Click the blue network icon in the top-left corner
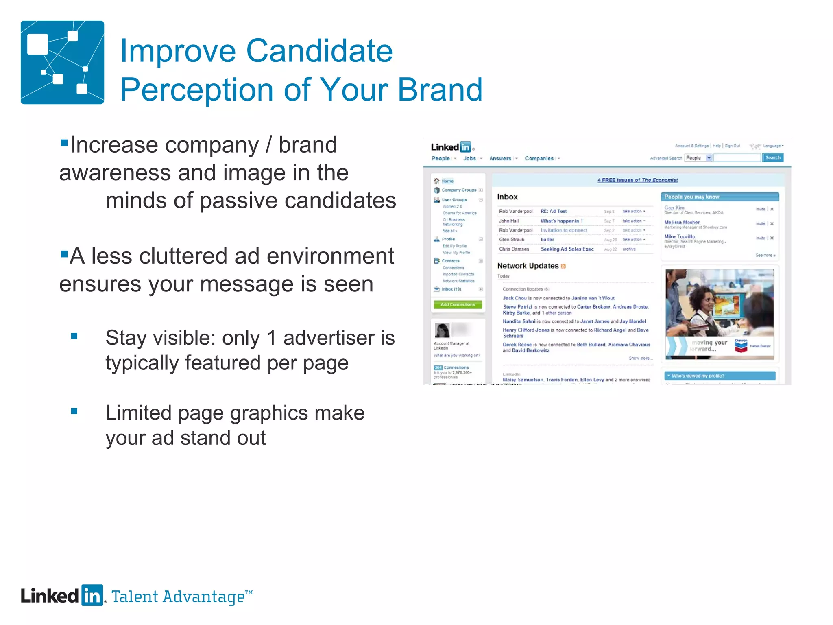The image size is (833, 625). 62,62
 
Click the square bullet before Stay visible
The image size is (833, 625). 74,336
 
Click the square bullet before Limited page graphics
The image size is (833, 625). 74,411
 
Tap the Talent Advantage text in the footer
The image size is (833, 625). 181,597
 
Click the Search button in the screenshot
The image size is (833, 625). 772,158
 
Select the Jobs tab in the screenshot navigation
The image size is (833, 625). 469,158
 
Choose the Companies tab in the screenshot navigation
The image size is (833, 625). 539,158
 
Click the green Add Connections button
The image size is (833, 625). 458,304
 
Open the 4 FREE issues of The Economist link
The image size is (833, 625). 637,180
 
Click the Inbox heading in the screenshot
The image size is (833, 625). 507,197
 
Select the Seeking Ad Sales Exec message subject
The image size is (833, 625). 567,249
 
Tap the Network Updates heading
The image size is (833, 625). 528,266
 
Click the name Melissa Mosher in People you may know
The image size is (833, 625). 682,222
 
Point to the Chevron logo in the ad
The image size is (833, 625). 741,345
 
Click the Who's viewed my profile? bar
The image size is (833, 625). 720,376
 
